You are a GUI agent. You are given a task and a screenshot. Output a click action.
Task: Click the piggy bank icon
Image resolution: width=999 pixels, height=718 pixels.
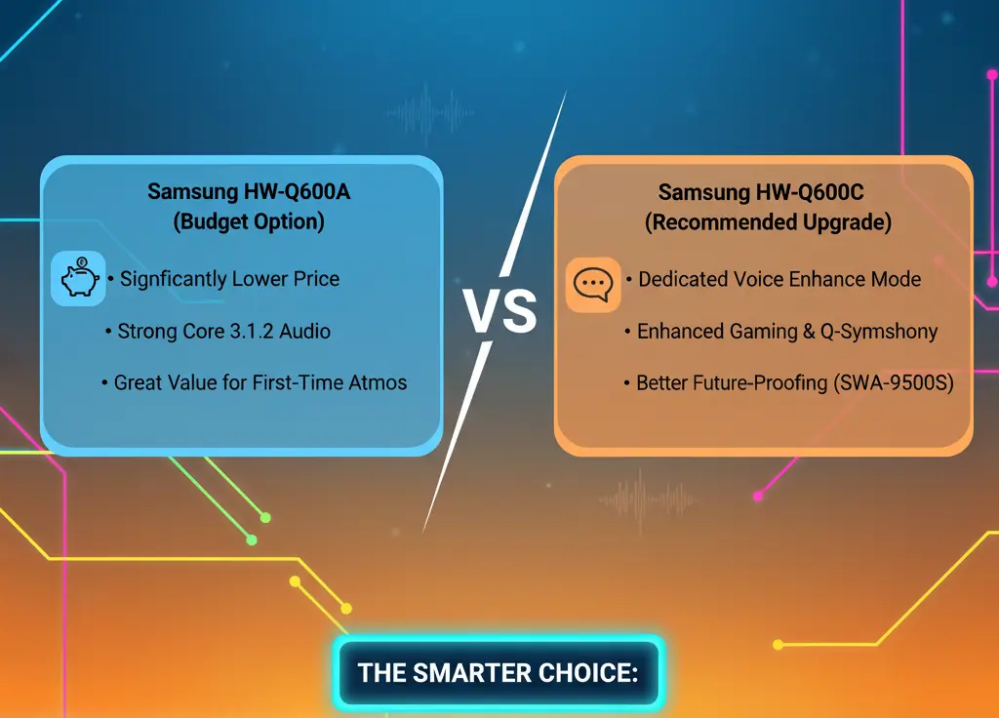click(x=78, y=279)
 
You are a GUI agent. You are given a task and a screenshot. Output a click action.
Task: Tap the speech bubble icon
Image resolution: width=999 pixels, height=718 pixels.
click(x=593, y=284)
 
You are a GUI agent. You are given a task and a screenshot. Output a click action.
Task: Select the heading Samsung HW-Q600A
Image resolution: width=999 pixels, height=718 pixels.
click(x=249, y=191)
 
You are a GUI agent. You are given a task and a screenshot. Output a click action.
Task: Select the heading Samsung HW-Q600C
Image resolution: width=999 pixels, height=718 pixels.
click(x=768, y=192)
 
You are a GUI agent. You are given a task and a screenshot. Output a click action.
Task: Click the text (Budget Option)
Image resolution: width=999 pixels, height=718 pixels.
click(x=249, y=221)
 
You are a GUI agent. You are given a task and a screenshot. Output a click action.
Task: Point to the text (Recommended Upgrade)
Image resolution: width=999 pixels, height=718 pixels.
click(x=768, y=222)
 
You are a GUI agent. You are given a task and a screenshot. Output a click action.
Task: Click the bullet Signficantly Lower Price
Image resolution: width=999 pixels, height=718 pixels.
click(x=229, y=279)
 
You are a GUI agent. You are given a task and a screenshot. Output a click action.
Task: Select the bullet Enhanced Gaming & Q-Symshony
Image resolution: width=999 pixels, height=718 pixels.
click(x=786, y=332)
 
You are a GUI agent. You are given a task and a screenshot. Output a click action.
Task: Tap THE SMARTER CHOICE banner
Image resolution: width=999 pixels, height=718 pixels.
click(x=498, y=672)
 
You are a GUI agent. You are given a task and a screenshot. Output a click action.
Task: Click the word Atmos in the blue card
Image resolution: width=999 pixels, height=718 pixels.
click(x=378, y=382)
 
